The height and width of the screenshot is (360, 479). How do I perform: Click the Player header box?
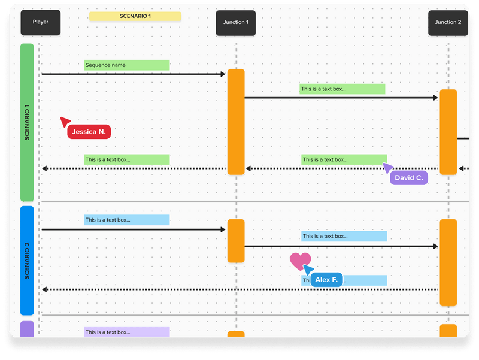click(x=41, y=23)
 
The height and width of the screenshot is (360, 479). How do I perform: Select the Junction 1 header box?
click(x=235, y=23)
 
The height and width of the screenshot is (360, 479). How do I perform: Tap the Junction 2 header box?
click(x=448, y=23)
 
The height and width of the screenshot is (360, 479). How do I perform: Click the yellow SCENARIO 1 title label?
click(x=135, y=17)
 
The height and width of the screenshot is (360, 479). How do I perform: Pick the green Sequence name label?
click(x=126, y=65)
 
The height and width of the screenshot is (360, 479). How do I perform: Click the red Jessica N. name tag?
click(x=89, y=132)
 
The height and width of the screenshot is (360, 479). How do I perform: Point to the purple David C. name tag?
click(x=409, y=178)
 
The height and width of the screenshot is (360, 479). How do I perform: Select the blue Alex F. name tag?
click(x=326, y=280)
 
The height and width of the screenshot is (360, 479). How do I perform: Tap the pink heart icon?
click(x=300, y=261)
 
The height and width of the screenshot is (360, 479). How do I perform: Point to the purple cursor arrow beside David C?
click(x=388, y=167)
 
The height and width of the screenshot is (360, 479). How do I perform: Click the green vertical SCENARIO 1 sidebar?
click(x=27, y=123)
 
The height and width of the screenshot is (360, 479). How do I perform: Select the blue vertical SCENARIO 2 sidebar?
click(x=27, y=261)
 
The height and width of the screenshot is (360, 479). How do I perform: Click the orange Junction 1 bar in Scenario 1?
click(x=236, y=122)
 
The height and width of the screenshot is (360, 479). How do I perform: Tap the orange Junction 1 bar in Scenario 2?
click(x=236, y=241)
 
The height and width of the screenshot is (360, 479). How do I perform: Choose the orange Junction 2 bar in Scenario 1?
click(x=448, y=132)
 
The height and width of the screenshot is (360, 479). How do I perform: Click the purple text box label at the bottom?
click(x=126, y=332)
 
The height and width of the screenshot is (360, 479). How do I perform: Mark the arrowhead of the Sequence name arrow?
click(x=222, y=74)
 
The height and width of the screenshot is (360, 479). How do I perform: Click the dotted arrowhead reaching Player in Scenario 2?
click(x=45, y=290)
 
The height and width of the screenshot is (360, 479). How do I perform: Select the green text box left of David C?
click(x=343, y=160)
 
